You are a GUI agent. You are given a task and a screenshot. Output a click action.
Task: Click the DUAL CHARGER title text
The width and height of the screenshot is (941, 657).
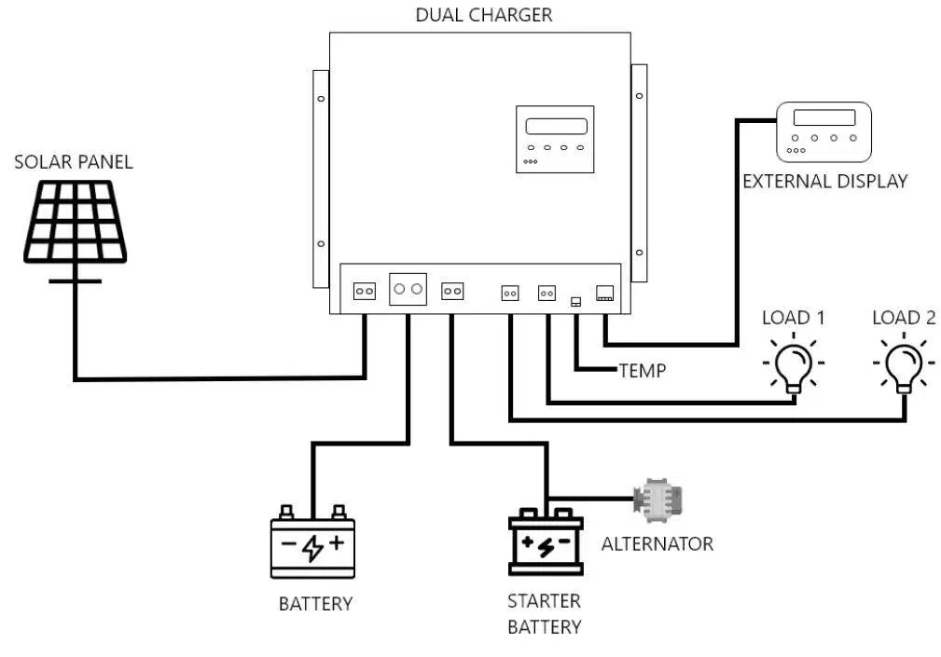point(483,15)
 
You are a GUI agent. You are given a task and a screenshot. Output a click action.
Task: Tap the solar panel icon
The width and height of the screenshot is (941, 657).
point(76,223)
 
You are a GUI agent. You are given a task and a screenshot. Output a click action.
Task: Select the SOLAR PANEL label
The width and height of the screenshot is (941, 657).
point(74,162)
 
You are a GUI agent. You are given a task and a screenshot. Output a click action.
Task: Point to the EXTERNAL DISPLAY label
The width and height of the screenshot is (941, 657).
point(824,182)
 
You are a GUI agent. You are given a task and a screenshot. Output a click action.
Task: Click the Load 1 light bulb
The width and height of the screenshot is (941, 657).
point(794,363)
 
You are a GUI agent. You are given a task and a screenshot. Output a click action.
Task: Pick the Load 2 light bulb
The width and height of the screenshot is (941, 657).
point(903,363)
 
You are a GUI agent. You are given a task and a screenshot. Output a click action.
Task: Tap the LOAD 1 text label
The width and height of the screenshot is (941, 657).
point(793,318)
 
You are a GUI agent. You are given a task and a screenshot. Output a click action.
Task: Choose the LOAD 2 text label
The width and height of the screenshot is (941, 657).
point(903,318)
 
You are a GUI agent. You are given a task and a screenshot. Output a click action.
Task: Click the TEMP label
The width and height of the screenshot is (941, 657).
point(643,371)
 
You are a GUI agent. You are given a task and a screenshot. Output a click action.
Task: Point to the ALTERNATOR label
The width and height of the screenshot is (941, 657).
point(657,543)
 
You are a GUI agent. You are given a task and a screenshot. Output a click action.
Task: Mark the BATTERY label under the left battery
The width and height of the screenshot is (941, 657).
point(315,604)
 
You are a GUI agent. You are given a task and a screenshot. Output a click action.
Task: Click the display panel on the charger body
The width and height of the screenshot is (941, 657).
point(555,139)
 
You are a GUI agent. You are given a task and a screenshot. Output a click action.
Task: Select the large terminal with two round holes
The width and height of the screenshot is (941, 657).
point(408,290)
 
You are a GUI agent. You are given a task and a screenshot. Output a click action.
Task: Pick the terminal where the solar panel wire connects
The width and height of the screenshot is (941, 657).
point(364,292)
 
